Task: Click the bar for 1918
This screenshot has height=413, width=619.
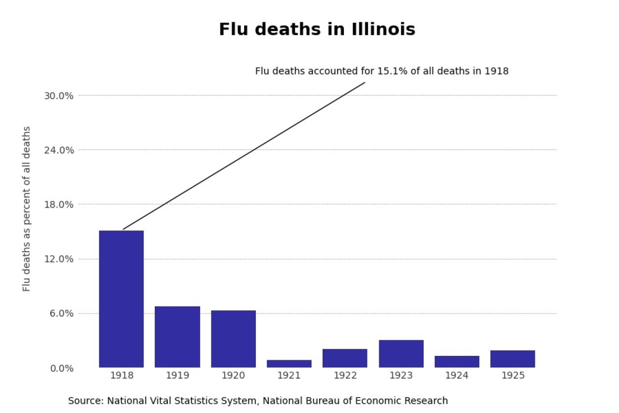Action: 121,299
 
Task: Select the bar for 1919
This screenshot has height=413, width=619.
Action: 177,337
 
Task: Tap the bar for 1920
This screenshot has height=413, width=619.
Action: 233,338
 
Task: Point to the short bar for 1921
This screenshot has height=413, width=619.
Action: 289,364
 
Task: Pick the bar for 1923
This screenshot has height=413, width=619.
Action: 401,353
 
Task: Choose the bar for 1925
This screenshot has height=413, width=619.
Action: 513,359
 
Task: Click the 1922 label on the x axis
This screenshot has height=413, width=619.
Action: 345,376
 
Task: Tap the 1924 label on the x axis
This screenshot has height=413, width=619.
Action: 457,376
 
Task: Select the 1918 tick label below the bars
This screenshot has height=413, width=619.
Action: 121,376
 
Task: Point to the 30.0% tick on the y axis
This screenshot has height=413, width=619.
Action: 59,96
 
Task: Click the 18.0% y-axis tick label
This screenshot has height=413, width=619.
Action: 59,205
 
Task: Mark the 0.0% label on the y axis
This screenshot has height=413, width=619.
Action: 61,368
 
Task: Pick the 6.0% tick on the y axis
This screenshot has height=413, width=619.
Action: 61,314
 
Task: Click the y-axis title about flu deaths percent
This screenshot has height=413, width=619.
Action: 27,209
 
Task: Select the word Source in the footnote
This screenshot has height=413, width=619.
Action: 86,401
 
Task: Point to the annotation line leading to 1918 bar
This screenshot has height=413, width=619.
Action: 244,156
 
